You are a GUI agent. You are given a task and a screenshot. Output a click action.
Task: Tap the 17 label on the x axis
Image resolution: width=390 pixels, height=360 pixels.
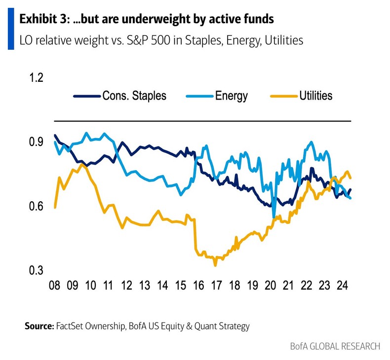click(216, 286)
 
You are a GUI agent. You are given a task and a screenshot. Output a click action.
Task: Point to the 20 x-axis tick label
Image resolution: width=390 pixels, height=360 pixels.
click(270, 286)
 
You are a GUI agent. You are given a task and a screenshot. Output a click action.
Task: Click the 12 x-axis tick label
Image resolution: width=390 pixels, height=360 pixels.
click(127, 286)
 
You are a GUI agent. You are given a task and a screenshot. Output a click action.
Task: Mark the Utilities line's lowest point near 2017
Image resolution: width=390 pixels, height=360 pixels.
click(215, 265)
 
